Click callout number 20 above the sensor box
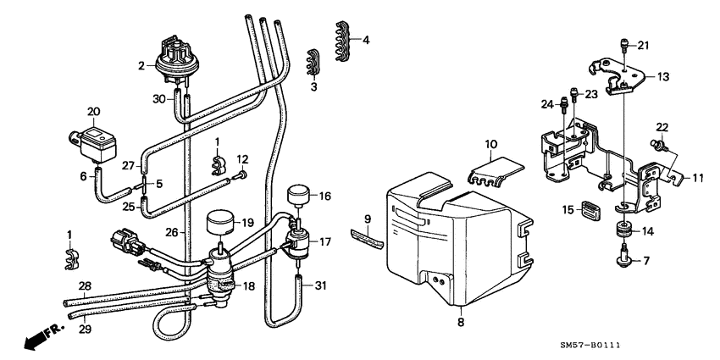pos(93,111)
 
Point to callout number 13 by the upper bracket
pos(662,76)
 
